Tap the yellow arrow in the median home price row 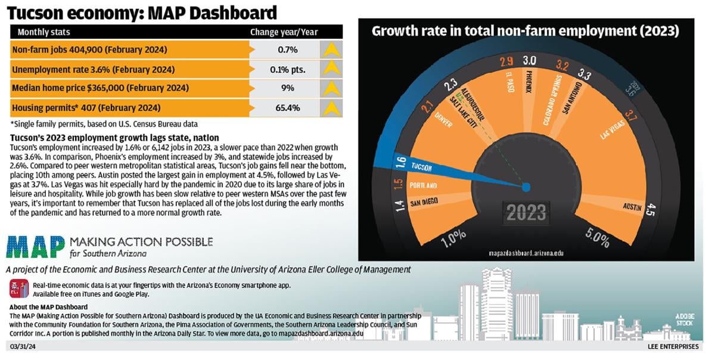click(x=331, y=88)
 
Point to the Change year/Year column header click(x=284, y=32)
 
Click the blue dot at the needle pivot click(x=526, y=187)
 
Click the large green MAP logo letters click(x=36, y=246)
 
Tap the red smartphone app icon click(x=18, y=289)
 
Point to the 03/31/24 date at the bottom click(x=23, y=346)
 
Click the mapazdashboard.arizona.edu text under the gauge click(x=526, y=253)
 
